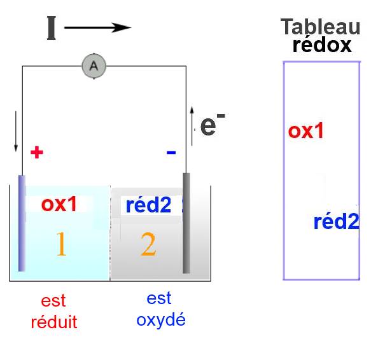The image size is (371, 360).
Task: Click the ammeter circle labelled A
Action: pyautogui.click(x=94, y=66)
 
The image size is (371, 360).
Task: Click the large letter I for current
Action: pyautogui.click(x=52, y=28)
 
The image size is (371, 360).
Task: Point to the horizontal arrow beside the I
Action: pyautogui.click(x=98, y=28)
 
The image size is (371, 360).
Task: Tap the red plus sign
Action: pyautogui.click(x=37, y=152)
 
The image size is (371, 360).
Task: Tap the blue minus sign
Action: pyautogui.click(x=171, y=152)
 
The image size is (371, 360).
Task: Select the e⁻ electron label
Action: pyautogui.click(x=213, y=124)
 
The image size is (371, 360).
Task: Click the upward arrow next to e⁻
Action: pyautogui.click(x=192, y=126)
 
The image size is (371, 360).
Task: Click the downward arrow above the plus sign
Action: pyautogui.click(x=16, y=131)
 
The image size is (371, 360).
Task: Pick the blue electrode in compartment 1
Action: pyautogui.click(x=22, y=223)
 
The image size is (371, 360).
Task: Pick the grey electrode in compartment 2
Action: pyautogui.click(x=186, y=223)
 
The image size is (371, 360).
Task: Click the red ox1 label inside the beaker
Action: pyautogui.click(x=59, y=204)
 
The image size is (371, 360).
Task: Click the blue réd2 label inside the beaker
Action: pyautogui.click(x=148, y=205)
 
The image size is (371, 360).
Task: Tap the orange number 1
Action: pyautogui.click(x=61, y=244)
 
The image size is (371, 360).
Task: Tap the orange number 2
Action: pyautogui.click(x=148, y=244)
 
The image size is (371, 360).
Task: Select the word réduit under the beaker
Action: pyautogui.click(x=54, y=322)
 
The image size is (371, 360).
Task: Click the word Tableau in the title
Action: pyautogui.click(x=320, y=27)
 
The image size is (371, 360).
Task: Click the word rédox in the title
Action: pyautogui.click(x=322, y=45)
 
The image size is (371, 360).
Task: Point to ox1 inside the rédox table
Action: pyautogui.click(x=305, y=131)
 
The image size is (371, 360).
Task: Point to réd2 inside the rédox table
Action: pyautogui.click(x=336, y=221)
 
